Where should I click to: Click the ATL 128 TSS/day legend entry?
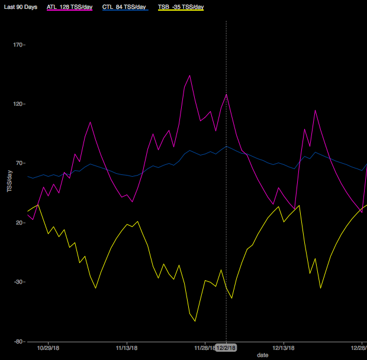click(69, 7)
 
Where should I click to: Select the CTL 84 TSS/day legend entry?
click(124, 7)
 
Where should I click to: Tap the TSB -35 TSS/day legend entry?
click(181, 7)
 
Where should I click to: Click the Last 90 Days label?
click(21, 7)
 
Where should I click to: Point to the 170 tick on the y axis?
click(18, 45)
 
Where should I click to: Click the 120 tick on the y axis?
click(18, 104)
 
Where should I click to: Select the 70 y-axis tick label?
click(20, 163)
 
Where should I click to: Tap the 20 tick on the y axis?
click(20, 223)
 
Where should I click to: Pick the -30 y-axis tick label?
click(18, 282)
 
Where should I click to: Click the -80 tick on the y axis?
click(18, 341)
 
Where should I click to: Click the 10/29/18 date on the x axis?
click(48, 348)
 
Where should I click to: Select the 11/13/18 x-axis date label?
click(127, 348)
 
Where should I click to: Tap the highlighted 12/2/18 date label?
click(226, 348)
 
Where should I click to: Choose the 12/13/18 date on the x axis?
click(284, 348)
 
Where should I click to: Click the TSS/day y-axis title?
click(9, 181)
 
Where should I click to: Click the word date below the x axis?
click(262, 355)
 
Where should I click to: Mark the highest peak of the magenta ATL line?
click(189, 75)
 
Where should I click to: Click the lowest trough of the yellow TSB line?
click(195, 321)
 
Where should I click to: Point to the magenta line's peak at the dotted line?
click(226, 95)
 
